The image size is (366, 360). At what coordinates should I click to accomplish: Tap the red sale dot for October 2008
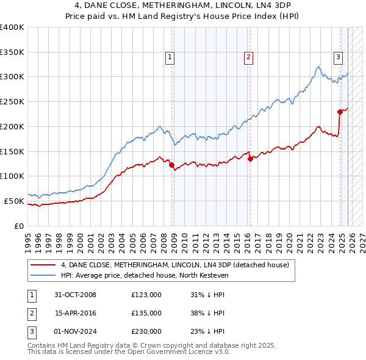tap(171, 164)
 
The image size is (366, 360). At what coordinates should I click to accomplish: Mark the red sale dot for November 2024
tap(340, 111)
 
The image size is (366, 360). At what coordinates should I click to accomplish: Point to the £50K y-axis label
tap(13, 201)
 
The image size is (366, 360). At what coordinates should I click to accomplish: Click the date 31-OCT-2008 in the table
tap(75, 295)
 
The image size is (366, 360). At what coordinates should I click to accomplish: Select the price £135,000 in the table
tap(146, 313)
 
